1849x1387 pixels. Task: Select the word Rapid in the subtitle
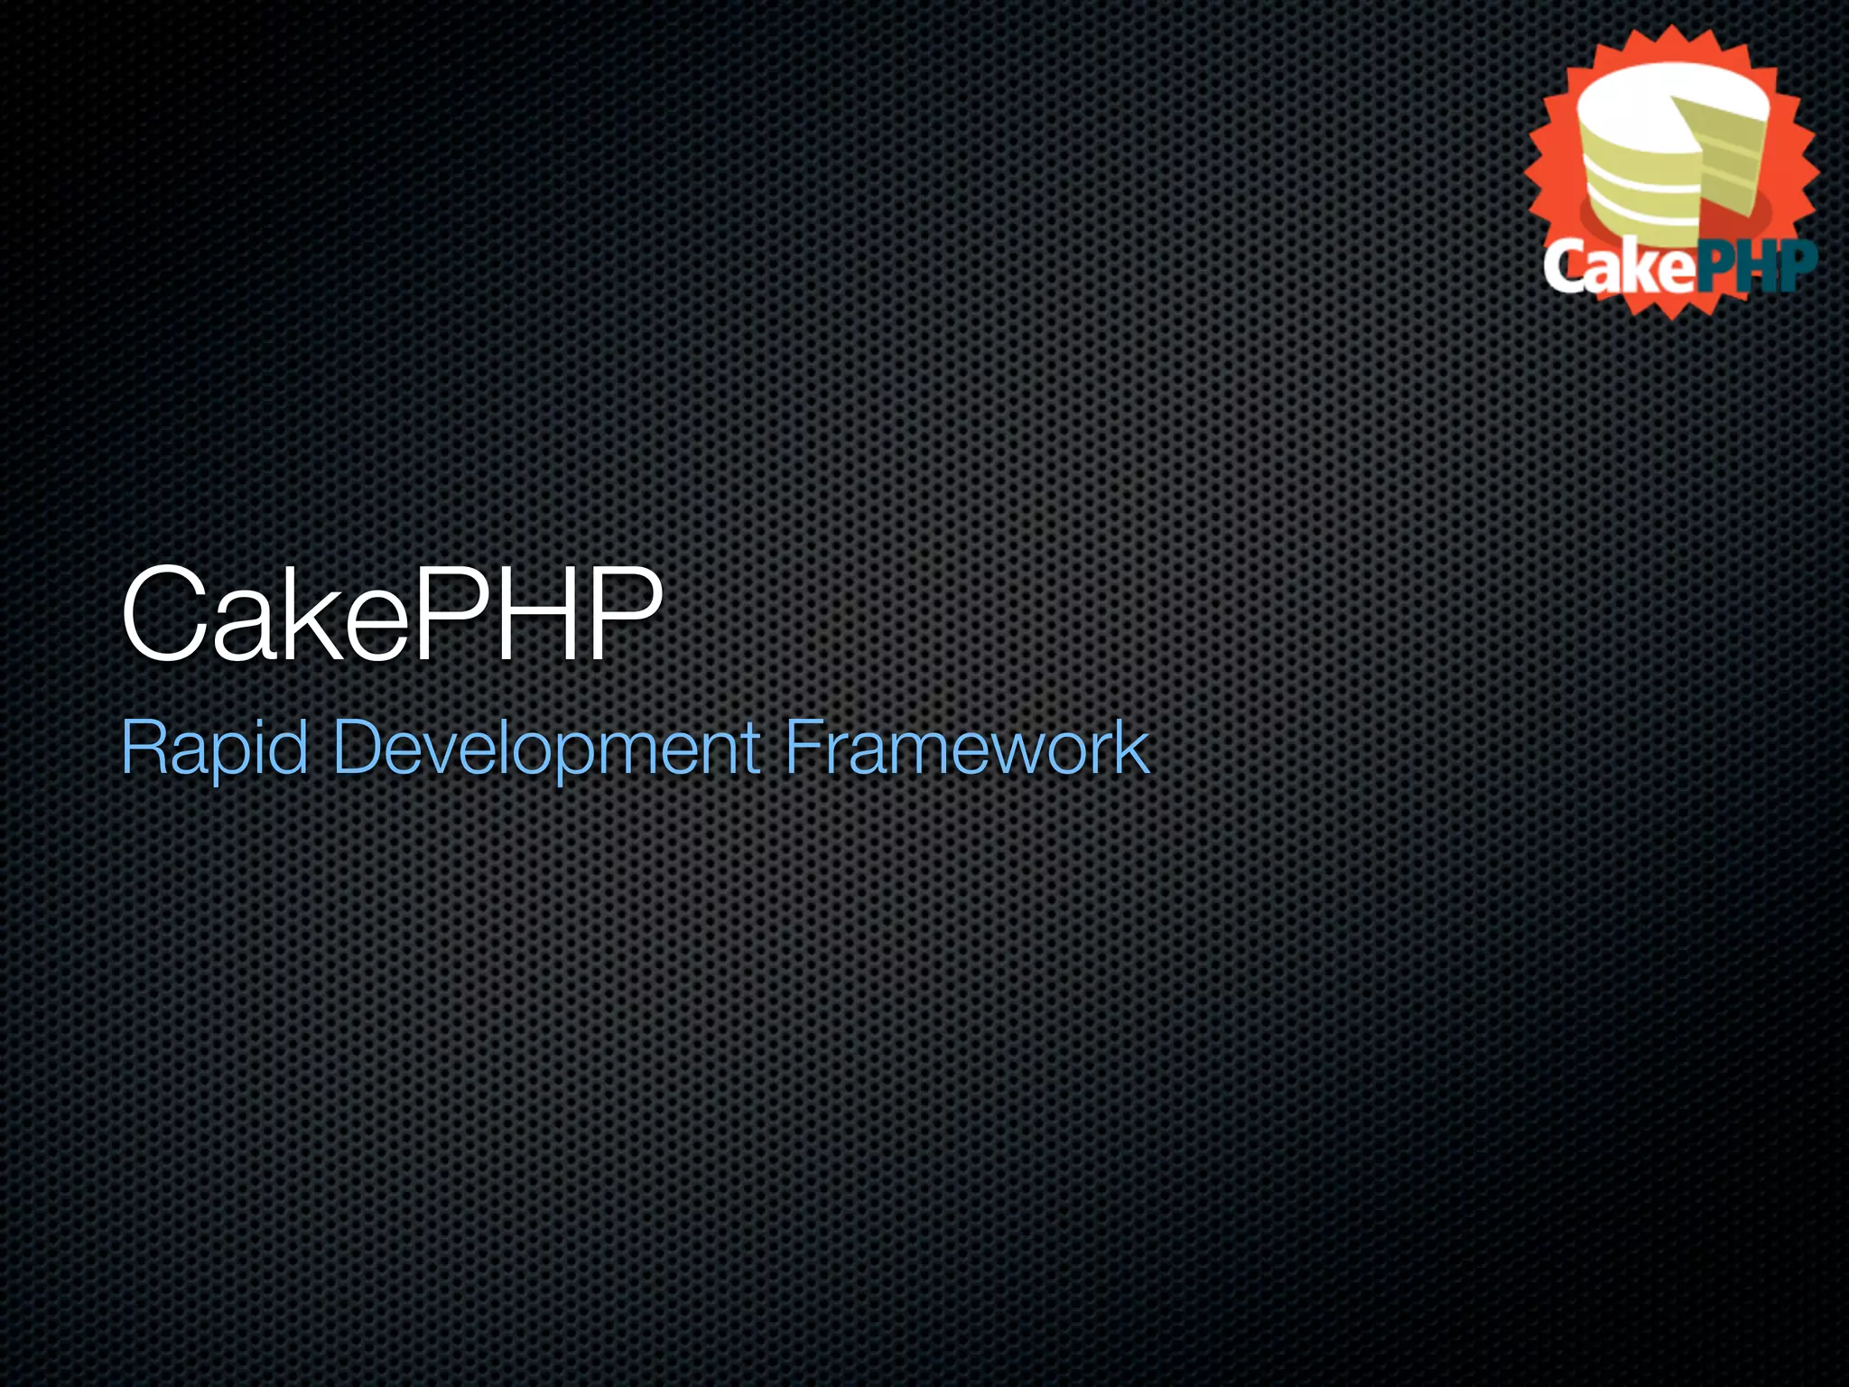[214, 747]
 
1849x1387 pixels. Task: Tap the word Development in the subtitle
[547, 747]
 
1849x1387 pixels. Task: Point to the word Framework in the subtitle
[967, 747]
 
